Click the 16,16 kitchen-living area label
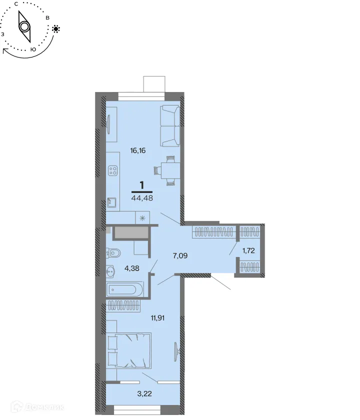click(x=137, y=150)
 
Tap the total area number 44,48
click(x=142, y=197)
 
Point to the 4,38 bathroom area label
click(x=132, y=268)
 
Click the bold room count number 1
click(x=142, y=185)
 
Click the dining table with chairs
click(x=167, y=170)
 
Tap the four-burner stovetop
click(x=112, y=172)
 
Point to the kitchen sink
click(x=112, y=202)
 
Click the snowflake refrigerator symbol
click(x=143, y=218)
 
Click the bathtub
click(x=125, y=289)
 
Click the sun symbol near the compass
click(x=56, y=28)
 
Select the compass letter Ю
click(x=33, y=49)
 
